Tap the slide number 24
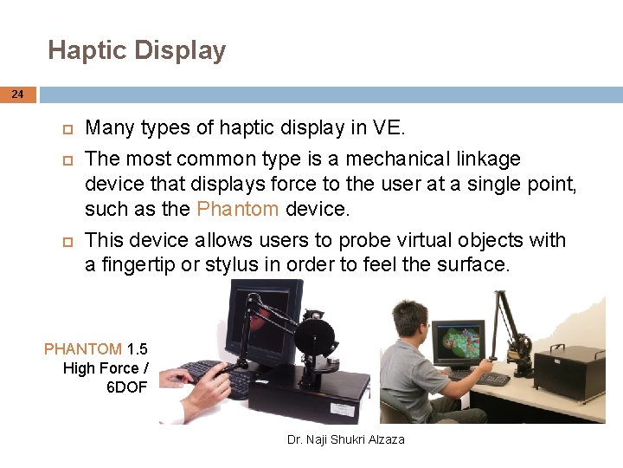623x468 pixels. (18, 94)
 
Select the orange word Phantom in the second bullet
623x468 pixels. (237, 209)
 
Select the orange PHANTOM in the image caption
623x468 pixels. (83, 349)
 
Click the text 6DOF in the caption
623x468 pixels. (125, 387)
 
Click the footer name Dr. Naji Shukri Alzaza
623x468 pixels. (345, 439)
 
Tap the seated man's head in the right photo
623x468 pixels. (408, 320)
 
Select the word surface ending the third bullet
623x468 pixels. (475, 264)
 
